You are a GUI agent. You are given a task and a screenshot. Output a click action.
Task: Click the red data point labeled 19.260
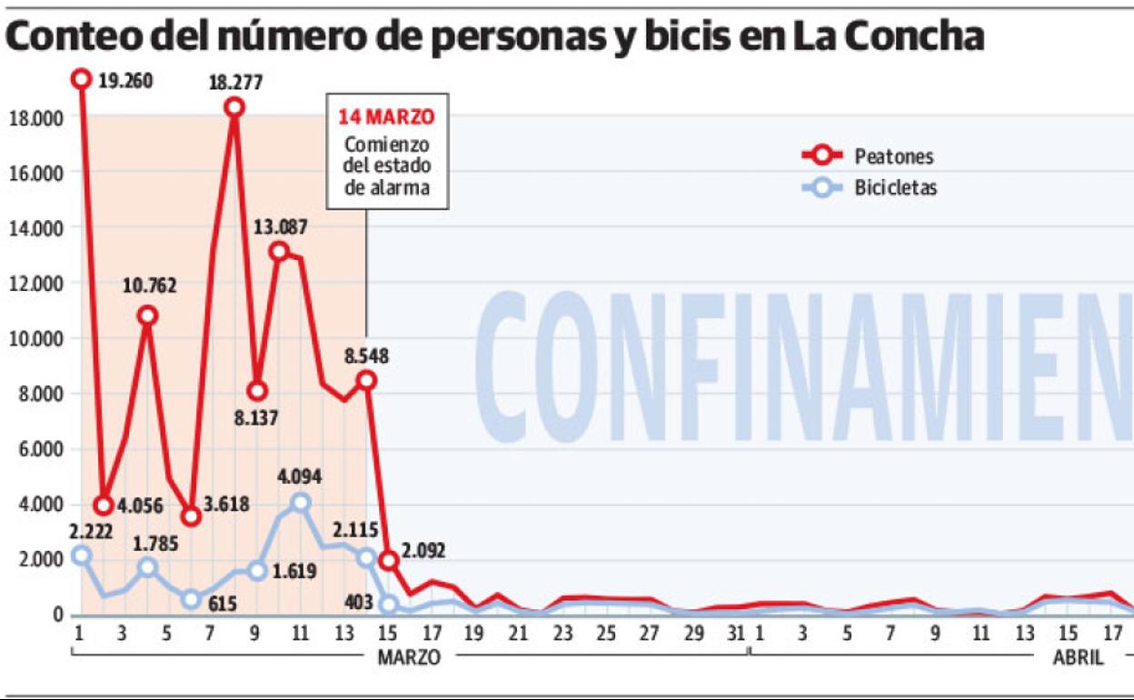82,79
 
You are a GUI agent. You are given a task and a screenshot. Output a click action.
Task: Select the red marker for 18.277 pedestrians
234,107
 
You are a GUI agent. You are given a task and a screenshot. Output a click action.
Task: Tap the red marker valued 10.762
147,315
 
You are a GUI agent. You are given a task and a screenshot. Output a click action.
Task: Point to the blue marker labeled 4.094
301,502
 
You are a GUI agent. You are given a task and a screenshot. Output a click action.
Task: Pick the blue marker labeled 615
191,599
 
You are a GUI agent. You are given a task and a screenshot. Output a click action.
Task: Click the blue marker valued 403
389,604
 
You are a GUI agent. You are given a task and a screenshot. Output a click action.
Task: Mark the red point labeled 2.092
389,561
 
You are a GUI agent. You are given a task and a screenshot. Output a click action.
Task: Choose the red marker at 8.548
367,381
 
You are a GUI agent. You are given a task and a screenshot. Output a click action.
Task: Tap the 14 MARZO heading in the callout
386,117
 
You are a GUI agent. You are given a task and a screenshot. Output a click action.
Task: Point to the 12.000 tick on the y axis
35,283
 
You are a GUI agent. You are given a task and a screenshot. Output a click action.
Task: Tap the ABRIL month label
1078,657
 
